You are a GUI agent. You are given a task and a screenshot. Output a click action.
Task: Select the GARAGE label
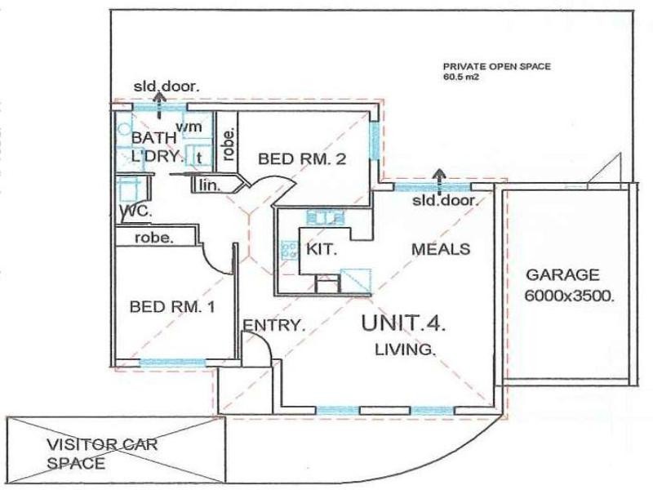562,275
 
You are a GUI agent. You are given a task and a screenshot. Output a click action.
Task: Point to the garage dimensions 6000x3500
568,295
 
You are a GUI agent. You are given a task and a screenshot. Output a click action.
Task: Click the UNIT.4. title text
403,323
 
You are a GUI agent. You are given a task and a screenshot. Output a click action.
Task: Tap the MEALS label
441,249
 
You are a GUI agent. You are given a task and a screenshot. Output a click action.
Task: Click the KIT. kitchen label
322,248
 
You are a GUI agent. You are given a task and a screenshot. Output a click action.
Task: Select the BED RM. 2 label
303,159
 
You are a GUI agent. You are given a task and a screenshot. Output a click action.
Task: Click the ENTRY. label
273,325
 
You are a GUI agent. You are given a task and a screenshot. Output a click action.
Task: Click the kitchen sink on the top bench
322,218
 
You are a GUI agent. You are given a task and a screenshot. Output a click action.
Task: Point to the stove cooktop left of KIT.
289,248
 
